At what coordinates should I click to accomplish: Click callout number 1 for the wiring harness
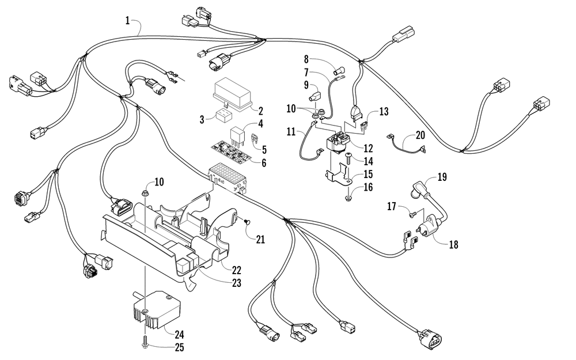[x=127, y=21]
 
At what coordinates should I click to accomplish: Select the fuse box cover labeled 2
[x=232, y=92]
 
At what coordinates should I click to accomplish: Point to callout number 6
[x=264, y=163]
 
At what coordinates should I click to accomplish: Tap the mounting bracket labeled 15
[x=343, y=172]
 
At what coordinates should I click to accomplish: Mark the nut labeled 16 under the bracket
[x=350, y=198]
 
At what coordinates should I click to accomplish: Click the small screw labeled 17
[x=411, y=214]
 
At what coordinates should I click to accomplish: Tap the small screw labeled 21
[x=245, y=221]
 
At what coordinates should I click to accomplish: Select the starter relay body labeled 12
[x=339, y=142]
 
